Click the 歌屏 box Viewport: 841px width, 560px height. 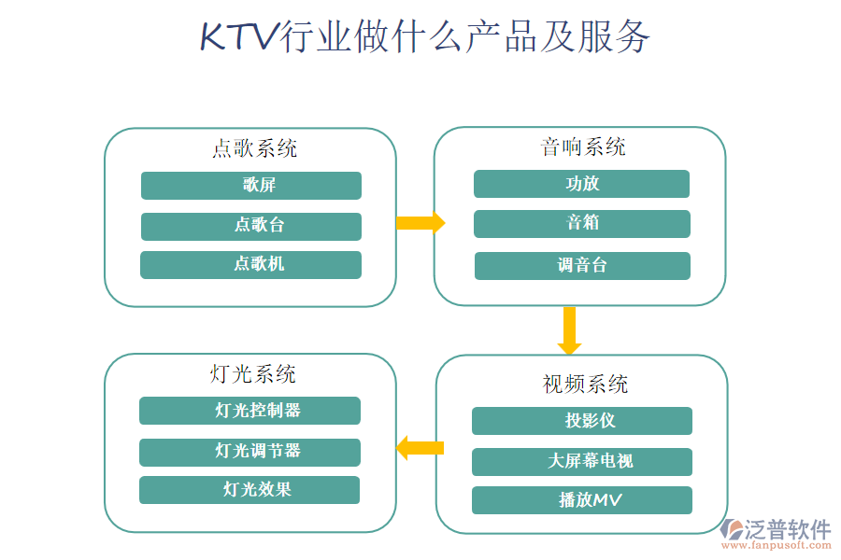tap(250, 186)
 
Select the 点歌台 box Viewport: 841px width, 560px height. tap(250, 226)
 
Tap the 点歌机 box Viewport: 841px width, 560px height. tap(250, 264)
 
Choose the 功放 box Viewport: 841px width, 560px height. tap(581, 184)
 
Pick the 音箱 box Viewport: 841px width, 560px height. tap(581, 223)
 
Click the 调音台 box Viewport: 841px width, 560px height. tap(581, 265)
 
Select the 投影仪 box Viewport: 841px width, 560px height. tap(581, 421)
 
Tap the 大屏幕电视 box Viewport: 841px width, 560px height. tap(581, 461)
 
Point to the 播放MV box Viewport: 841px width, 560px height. tap(581, 500)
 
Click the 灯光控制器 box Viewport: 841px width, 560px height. tap(249, 411)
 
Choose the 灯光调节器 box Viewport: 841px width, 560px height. tap(249, 452)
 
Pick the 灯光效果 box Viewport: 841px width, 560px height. tap(249, 490)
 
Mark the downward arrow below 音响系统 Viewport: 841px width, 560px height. tap(569, 330)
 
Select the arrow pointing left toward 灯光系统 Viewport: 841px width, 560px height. tap(420, 448)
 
